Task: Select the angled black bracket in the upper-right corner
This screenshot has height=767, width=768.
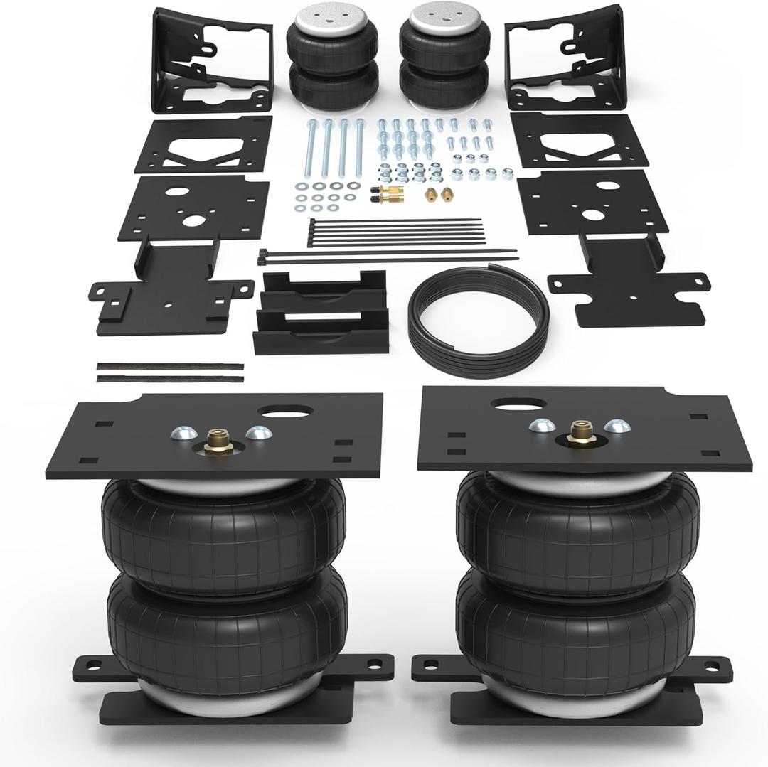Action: point(565,57)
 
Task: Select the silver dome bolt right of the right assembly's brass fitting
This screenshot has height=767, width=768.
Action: point(617,427)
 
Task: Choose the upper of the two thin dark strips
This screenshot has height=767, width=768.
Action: point(170,367)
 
